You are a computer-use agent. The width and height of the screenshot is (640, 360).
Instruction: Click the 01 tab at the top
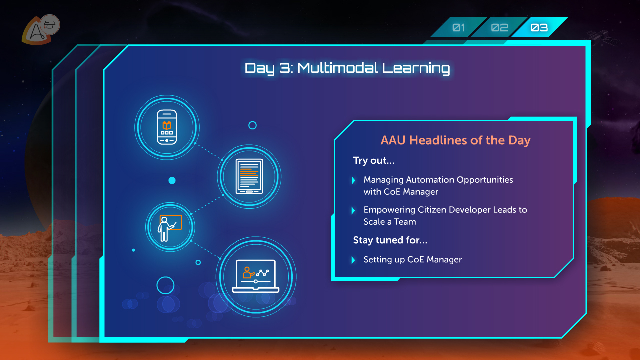click(x=459, y=27)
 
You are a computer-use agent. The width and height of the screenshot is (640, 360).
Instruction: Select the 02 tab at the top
click(x=499, y=27)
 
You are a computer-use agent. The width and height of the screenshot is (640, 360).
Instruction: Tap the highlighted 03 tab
click(x=539, y=27)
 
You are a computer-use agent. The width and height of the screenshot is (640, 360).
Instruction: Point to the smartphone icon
click(x=167, y=127)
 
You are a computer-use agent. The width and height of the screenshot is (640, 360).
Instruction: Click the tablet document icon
click(x=249, y=176)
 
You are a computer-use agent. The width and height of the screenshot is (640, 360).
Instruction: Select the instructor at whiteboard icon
click(x=170, y=227)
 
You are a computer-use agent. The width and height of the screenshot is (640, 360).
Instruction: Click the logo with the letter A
click(x=36, y=31)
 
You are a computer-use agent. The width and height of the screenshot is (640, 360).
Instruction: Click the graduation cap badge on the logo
click(x=50, y=25)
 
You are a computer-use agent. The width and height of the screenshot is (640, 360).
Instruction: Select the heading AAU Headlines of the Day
click(x=455, y=140)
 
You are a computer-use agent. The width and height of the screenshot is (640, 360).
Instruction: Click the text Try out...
click(x=374, y=161)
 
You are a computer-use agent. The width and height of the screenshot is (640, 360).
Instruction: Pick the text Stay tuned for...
click(x=390, y=240)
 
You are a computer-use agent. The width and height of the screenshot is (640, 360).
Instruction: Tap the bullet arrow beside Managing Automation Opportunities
click(x=353, y=180)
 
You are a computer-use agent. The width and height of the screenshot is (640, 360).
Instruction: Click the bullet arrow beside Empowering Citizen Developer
click(x=353, y=210)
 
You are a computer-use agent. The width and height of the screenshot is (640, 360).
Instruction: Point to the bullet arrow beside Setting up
click(x=353, y=260)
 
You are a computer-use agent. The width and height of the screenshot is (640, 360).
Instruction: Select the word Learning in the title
click(x=416, y=69)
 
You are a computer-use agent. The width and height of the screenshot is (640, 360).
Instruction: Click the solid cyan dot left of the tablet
click(x=172, y=180)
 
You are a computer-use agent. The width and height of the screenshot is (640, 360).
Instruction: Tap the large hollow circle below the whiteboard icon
click(x=157, y=285)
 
